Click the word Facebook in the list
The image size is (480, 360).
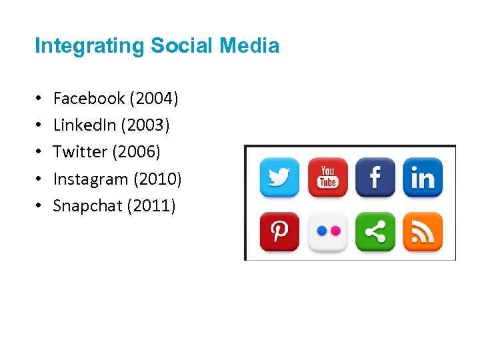[x=89, y=99]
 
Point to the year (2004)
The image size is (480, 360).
[x=154, y=99]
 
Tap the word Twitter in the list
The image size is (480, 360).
[x=80, y=152]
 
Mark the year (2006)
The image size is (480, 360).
[x=136, y=152]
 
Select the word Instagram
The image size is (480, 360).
[x=91, y=179]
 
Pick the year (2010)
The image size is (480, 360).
[x=157, y=179]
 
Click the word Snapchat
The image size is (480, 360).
[x=87, y=206]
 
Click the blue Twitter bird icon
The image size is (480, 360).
[x=279, y=177]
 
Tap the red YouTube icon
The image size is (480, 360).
[x=327, y=177]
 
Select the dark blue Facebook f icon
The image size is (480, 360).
[x=375, y=177]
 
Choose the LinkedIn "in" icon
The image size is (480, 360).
[x=423, y=177]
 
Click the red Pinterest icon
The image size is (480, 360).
[x=279, y=231]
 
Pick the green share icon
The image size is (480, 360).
[x=375, y=231]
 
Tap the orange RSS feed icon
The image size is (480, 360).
[x=423, y=231]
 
